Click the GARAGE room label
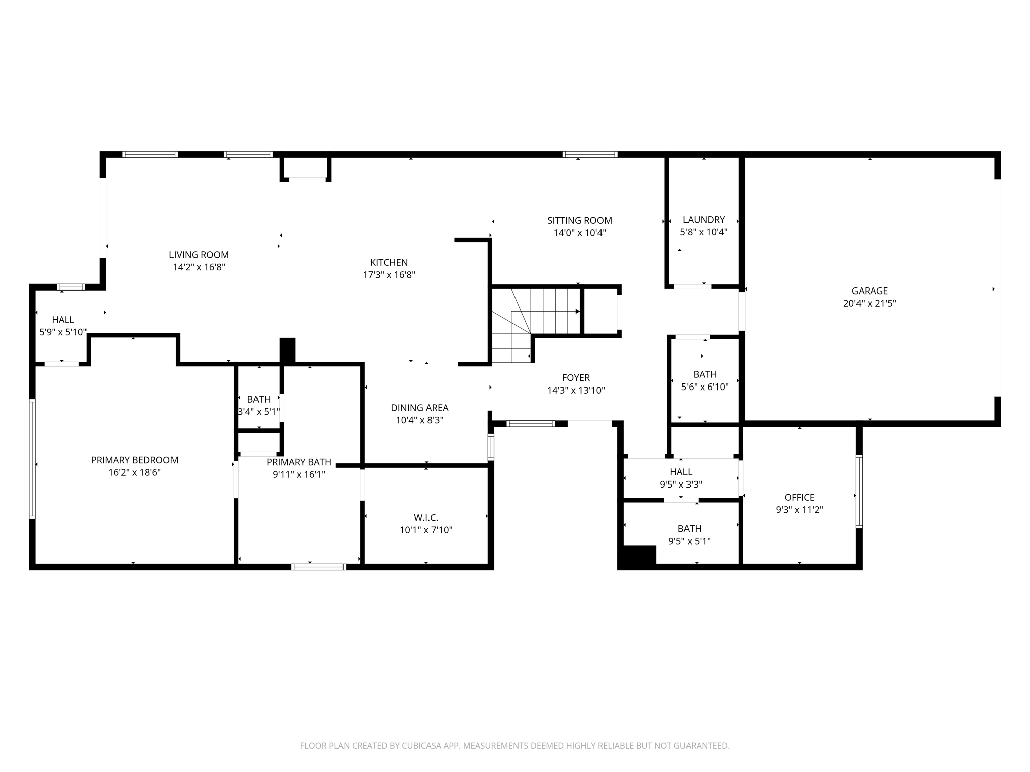(870, 291)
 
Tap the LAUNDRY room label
(704, 220)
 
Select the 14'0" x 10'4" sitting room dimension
(579, 233)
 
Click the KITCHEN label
(389, 262)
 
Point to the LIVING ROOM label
(199, 255)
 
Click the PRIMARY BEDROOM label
(134, 460)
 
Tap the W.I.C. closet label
(426, 517)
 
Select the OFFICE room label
(799, 497)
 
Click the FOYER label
(576, 377)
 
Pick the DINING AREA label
(419, 408)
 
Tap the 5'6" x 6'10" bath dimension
(705, 387)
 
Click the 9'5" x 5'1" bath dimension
(689, 541)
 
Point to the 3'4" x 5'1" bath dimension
(259, 412)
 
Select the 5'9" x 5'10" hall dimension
(63, 332)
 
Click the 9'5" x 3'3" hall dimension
(681, 485)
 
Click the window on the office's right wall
(859, 492)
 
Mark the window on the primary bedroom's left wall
(32, 458)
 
